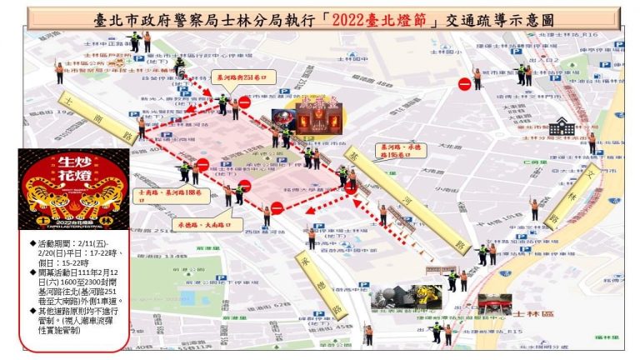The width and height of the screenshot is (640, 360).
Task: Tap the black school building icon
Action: point(562,127)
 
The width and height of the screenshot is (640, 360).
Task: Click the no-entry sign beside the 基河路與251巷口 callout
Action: point(244,102)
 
